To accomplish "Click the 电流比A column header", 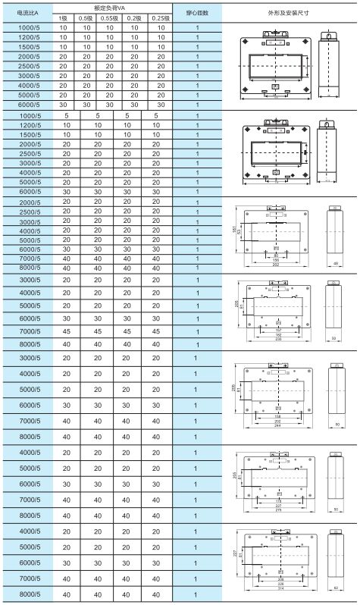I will (27, 13).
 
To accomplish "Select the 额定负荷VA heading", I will (113, 7).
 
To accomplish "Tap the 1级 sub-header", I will (64, 18).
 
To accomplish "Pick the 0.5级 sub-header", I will (86, 18).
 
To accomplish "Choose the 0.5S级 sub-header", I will (110, 18).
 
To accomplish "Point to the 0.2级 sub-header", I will (134, 18).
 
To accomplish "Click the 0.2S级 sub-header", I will (158, 18).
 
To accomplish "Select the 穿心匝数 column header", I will (197, 13).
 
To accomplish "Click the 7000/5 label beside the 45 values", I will (28, 331).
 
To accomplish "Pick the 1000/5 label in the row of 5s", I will (28, 115).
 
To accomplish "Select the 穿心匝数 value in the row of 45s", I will (197, 331).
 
